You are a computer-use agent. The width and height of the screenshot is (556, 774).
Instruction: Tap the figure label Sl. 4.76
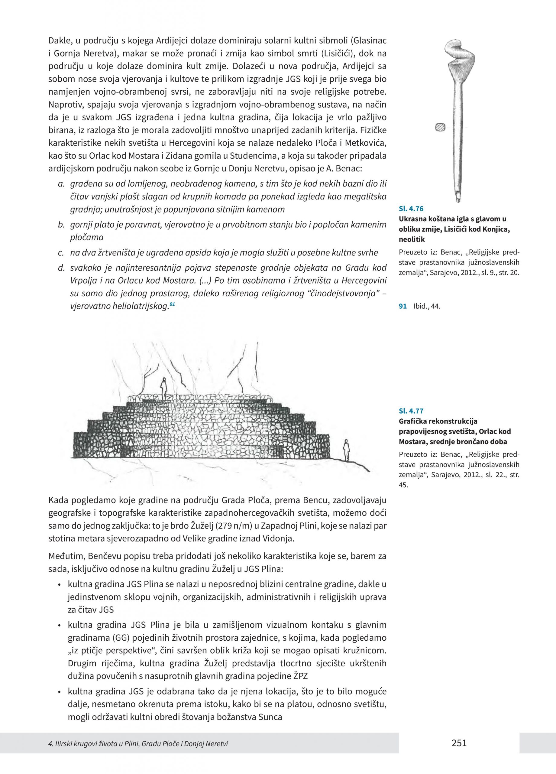tap(411, 209)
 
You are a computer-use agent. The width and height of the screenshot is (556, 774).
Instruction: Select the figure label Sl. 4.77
tap(411, 411)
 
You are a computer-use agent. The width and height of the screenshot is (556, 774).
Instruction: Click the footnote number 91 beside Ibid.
tap(403, 306)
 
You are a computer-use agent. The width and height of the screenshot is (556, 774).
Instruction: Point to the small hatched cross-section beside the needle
tap(440, 127)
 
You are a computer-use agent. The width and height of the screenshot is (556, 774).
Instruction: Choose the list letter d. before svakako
tap(61, 268)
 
